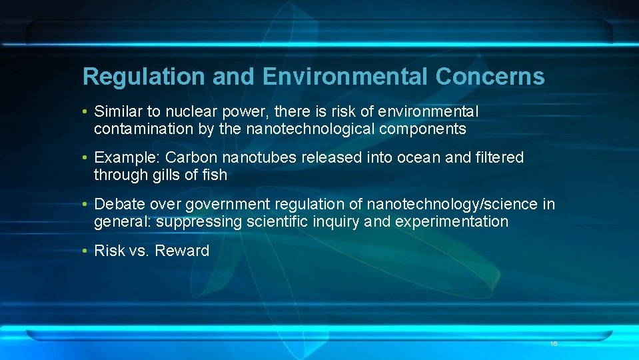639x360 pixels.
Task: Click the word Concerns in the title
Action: tap(490, 77)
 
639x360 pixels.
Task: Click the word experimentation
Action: tap(451, 221)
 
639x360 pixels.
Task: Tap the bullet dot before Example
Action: tap(86, 158)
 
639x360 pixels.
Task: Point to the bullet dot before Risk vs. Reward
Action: tap(86, 251)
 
